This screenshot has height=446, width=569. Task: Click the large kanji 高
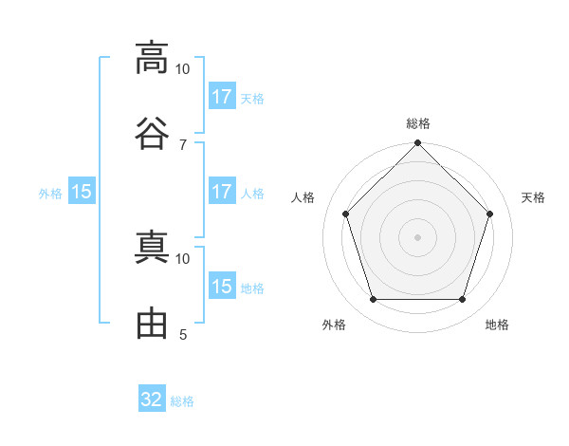(x=152, y=58)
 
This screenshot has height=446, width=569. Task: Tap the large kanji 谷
(x=152, y=133)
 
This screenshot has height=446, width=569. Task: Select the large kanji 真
(x=152, y=247)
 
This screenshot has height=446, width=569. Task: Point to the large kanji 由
(x=152, y=323)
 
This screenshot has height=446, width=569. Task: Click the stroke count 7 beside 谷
(x=183, y=145)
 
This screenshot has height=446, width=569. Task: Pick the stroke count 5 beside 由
(x=183, y=334)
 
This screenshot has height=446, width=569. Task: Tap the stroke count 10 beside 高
(x=182, y=69)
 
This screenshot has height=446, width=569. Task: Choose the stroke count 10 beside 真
(x=182, y=259)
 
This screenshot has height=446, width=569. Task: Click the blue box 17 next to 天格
(x=222, y=96)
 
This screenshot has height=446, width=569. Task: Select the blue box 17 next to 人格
(x=222, y=191)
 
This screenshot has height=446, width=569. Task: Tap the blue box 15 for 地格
(x=222, y=285)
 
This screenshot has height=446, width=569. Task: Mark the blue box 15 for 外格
(x=82, y=191)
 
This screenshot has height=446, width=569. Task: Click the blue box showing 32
(x=152, y=398)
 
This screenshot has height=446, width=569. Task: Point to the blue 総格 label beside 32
(x=182, y=401)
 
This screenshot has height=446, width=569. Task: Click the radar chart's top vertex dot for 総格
(x=417, y=142)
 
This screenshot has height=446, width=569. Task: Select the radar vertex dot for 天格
(x=489, y=214)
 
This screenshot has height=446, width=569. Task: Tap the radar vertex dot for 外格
(x=374, y=300)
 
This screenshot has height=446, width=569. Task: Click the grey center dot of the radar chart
(x=417, y=237)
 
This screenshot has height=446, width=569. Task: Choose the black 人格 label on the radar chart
(x=303, y=197)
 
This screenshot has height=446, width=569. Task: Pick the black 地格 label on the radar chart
(x=497, y=325)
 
